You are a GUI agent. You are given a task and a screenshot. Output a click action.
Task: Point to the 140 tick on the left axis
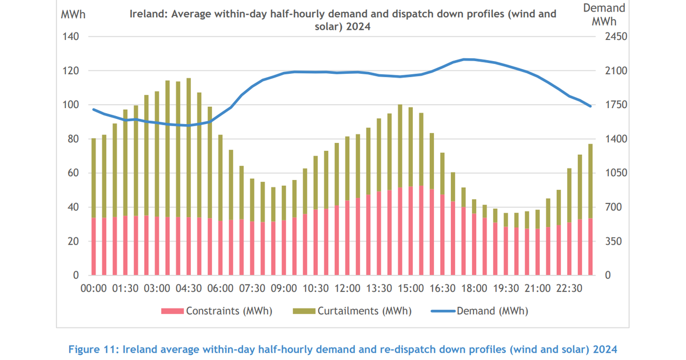tap(70, 37)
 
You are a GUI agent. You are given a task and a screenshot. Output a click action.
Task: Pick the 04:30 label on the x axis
tap(189, 288)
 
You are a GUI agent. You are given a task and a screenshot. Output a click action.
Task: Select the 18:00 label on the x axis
tap(474, 288)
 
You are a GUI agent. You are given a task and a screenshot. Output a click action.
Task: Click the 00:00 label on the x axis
tap(94, 288)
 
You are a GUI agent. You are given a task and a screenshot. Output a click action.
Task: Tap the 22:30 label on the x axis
tap(569, 288)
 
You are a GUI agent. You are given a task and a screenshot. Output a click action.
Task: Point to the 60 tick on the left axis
tap(73, 173)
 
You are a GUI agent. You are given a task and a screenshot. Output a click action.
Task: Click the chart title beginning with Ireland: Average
tap(342, 20)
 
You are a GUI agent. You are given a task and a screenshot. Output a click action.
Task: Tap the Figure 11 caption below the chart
tap(342, 348)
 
